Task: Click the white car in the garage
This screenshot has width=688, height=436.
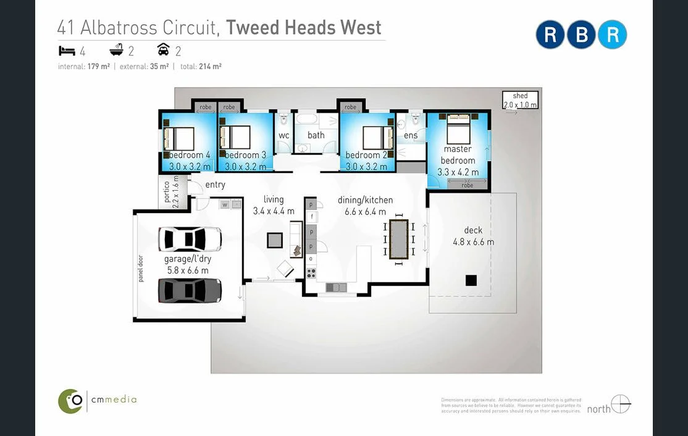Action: click(190, 238)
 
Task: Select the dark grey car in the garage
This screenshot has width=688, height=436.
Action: click(190, 290)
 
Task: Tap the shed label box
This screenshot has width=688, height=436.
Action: click(520, 100)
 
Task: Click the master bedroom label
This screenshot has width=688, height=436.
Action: click(458, 154)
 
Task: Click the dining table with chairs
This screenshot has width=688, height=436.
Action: click(400, 238)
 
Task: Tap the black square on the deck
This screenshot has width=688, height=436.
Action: click(471, 280)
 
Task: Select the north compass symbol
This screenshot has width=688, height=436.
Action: click(621, 405)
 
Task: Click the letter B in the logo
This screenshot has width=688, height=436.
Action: click(582, 35)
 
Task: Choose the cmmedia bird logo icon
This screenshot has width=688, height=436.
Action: click(70, 401)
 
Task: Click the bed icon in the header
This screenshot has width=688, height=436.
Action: click(67, 51)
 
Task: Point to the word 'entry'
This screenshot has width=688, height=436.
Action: click(215, 185)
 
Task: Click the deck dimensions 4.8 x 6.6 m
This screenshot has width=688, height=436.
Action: click(473, 242)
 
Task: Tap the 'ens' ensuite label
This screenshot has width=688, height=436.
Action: click(411, 135)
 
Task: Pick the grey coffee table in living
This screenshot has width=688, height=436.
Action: click(275, 240)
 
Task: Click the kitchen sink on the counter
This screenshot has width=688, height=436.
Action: click(336, 287)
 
